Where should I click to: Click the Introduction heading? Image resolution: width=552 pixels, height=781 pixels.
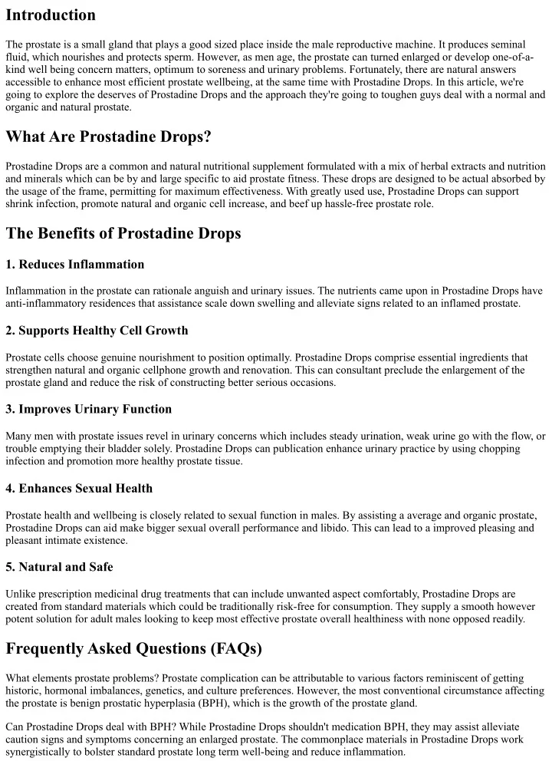[51, 15]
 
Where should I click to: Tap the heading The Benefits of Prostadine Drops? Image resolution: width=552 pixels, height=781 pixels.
[123, 234]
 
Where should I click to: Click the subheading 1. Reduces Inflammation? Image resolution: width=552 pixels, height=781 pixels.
[75, 265]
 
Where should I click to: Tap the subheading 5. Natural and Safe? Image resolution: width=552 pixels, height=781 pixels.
[59, 567]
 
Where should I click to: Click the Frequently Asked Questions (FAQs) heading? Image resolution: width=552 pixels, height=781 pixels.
[134, 649]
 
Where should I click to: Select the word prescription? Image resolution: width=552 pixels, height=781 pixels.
[69, 593]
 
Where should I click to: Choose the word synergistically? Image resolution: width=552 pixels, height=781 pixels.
[45, 753]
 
